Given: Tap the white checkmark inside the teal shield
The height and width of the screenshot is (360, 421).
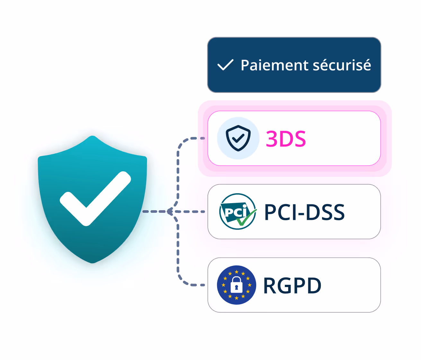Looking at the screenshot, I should (x=95, y=199).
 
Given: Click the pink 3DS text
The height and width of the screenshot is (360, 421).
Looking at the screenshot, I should (x=286, y=139).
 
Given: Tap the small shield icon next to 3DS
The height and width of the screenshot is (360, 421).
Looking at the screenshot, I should (x=238, y=138).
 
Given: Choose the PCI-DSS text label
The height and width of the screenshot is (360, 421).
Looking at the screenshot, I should (x=304, y=212).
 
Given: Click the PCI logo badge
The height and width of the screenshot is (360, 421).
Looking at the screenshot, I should (x=238, y=212).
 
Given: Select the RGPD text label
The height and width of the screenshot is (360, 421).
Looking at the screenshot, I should (x=292, y=285).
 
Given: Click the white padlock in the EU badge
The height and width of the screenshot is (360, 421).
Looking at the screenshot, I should (x=237, y=285).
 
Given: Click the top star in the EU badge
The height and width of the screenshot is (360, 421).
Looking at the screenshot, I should (x=237, y=272).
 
